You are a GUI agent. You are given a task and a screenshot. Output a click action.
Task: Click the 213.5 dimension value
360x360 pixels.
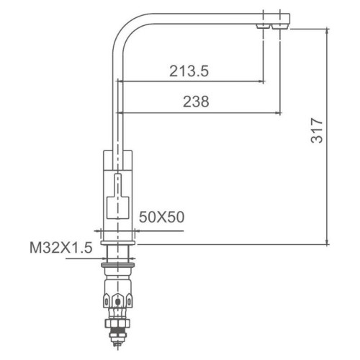pos(189,71)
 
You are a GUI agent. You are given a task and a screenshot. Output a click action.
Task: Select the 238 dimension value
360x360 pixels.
pos(196,102)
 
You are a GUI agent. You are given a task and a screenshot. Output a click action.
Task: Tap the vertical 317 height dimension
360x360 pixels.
pos(317,130)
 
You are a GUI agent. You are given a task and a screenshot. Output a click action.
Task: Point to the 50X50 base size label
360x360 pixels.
pos(161,217)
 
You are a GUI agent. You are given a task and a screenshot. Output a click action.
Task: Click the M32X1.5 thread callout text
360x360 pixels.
pos(61,248)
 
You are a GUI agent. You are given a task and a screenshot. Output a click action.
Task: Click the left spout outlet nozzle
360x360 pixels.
pos(263,27)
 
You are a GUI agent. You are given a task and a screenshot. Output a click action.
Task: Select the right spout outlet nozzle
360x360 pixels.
pos(279,27)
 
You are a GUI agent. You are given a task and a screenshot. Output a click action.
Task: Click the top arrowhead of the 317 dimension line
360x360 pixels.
pos(327,32)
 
